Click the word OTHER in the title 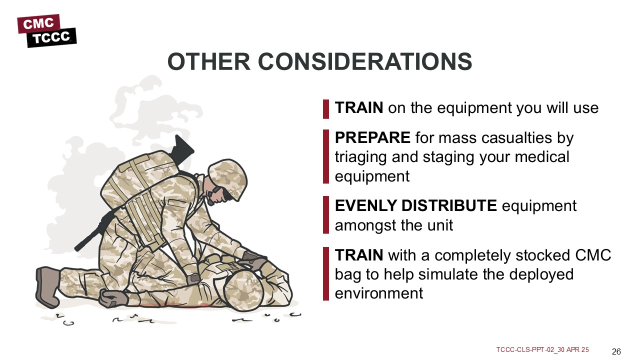pyautogui.click(x=209, y=61)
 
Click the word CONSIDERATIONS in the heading pyautogui.click(x=365, y=61)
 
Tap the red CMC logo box pyautogui.click(x=39, y=23)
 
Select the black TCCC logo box pyautogui.click(x=51, y=37)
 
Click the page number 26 pyautogui.click(x=616, y=351)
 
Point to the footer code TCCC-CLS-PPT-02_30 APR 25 pyautogui.click(x=542, y=349)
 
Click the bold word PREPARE pyautogui.click(x=372, y=137)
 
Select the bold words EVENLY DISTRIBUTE pyautogui.click(x=415, y=205)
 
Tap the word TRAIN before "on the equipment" pyautogui.click(x=359, y=107)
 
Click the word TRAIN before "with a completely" pyautogui.click(x=359, y=255)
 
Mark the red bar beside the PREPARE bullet pyautogui.click(x=326, y=156)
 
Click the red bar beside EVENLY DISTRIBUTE pyautogui.click(x=326, y=215)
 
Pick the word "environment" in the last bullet pyautogui.click(x=379, y=293)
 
